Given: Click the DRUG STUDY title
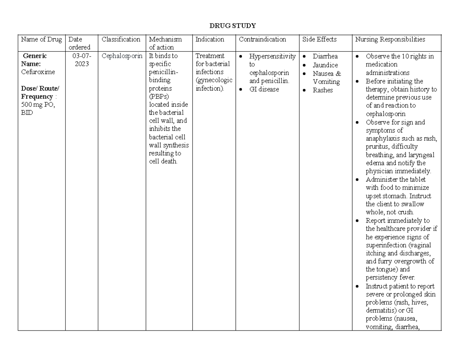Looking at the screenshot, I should (233, 26).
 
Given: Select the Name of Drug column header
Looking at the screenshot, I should (41, 39).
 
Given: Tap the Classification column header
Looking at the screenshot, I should (121, 39).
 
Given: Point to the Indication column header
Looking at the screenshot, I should (210, 39).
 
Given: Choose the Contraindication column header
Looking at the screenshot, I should (262, 39).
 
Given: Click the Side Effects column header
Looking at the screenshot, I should (320, 39).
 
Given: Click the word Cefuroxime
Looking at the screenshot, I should (38, 72).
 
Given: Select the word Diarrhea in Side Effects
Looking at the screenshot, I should (325, 56).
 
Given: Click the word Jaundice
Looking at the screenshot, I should (325, 65).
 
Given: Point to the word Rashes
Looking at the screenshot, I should (323, 90).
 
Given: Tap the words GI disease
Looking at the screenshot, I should (264, 89).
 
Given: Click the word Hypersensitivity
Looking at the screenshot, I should (272, 56).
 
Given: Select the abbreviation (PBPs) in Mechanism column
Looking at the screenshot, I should (159, 96).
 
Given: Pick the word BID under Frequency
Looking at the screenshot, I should (27, 113).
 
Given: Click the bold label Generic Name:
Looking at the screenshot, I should (35, 60).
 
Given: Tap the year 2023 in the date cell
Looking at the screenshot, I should (82, 64).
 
